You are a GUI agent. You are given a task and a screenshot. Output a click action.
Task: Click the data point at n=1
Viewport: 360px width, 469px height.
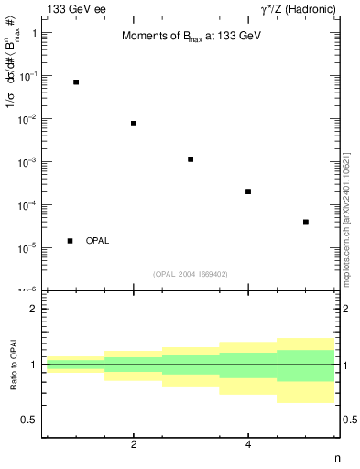coord(76,82)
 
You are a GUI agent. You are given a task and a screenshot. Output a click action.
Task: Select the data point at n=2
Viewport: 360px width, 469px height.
coord(134,124)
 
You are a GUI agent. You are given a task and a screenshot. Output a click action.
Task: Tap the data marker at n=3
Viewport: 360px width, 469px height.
coord(191,159)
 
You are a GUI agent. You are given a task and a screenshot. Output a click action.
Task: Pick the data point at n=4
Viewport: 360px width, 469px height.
coord(248,191)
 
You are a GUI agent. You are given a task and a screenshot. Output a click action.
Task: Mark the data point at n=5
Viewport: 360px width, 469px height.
coord(305,222)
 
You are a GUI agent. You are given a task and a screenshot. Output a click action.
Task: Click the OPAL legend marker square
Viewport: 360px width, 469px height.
coord(71,241)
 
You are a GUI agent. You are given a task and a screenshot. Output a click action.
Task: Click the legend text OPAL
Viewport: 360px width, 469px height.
coord(97,241)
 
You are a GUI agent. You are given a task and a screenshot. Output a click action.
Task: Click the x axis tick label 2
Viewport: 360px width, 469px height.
coord(134,445)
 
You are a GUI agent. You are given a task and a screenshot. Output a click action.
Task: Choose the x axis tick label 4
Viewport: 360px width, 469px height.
coord(248,445)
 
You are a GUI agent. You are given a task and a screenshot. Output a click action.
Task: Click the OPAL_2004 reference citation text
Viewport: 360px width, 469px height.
coord(191,274)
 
